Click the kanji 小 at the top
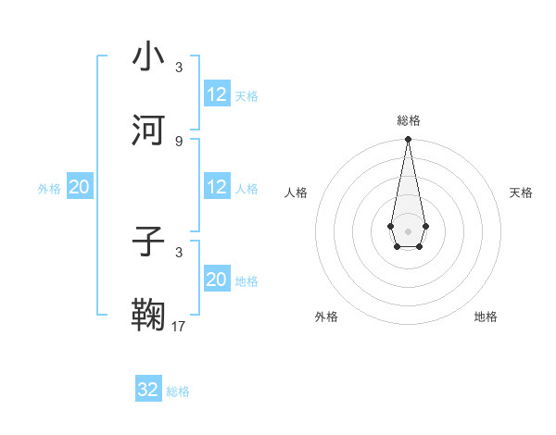click(x=149, y=56)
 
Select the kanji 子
click(x=149, y=242)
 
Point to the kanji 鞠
click(x=149, y=315)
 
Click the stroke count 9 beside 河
click(x=179, y=141)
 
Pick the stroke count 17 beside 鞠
click(x=179, y=326)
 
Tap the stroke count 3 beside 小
click(x=179, y=68)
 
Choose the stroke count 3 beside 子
click(x=179, y=252)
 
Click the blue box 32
click(x=148, y=390)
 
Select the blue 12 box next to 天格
click(x=217, y=94)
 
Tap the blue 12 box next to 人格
click(x=217, y=187)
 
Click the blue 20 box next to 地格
click(x=217, y=280)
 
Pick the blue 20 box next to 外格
click(x=80, y=187)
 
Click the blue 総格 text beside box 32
click(x=178, y=391)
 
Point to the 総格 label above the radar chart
click(x=408, y=120)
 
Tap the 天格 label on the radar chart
click(x=521, y=193)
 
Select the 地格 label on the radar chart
click(x=486, y=317)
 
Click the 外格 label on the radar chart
click(x=326, y=317)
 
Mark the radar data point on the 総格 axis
click(x=408, y=140)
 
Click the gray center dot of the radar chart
click(x=408, y=230)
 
